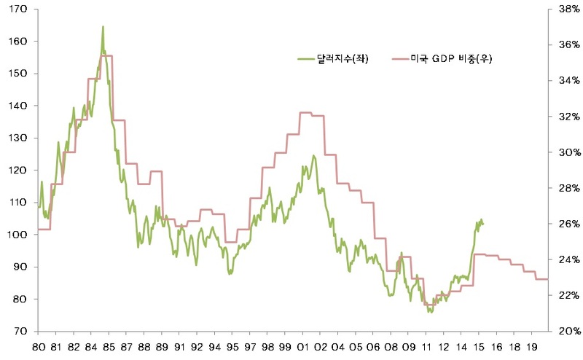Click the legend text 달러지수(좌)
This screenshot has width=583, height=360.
343,59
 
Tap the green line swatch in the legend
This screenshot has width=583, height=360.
306,59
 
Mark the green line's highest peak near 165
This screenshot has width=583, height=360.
103,27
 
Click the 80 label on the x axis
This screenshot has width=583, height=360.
39,347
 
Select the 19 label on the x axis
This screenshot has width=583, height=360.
533,347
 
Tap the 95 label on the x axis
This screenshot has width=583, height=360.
232,347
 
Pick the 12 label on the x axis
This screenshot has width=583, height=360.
444,347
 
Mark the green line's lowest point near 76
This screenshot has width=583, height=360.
431,312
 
